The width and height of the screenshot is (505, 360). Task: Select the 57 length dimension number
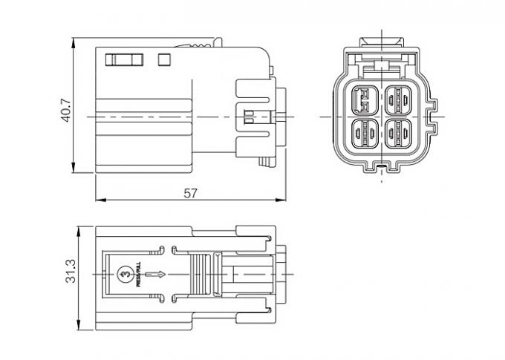(191, 193)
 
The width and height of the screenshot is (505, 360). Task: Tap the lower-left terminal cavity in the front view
(364, 134)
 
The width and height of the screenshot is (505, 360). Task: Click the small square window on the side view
(165, 58)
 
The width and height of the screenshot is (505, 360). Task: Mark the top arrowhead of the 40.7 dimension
(76, 39)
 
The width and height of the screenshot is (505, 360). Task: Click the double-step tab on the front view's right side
(433, 111)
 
